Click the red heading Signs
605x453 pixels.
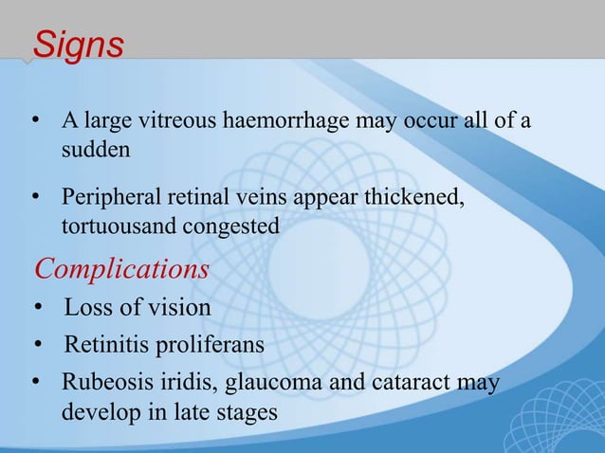tap(78, 45)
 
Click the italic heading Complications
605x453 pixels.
tap(121, 268)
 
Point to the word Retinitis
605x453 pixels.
tap(103, 344)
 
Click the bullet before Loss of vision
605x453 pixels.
tap(39, 309)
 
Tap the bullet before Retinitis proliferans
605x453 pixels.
tap(39, 344)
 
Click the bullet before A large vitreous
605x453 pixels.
tap(39, 124)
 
